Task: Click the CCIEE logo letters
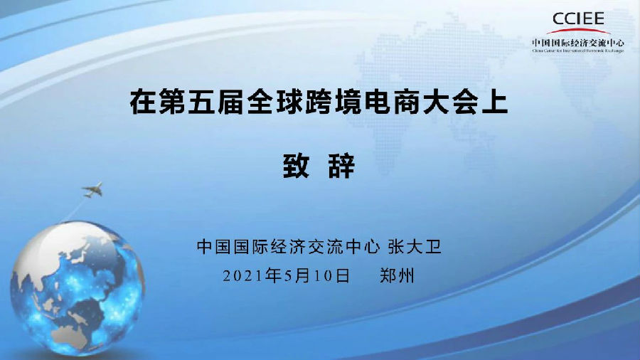click(578, 18)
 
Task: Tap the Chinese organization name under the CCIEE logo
click(577, 42)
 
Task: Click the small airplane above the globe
click(92, 190)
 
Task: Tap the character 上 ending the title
click(498, 103)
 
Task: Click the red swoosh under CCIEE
click(578, 31)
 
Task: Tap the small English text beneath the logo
click(577, 51)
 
